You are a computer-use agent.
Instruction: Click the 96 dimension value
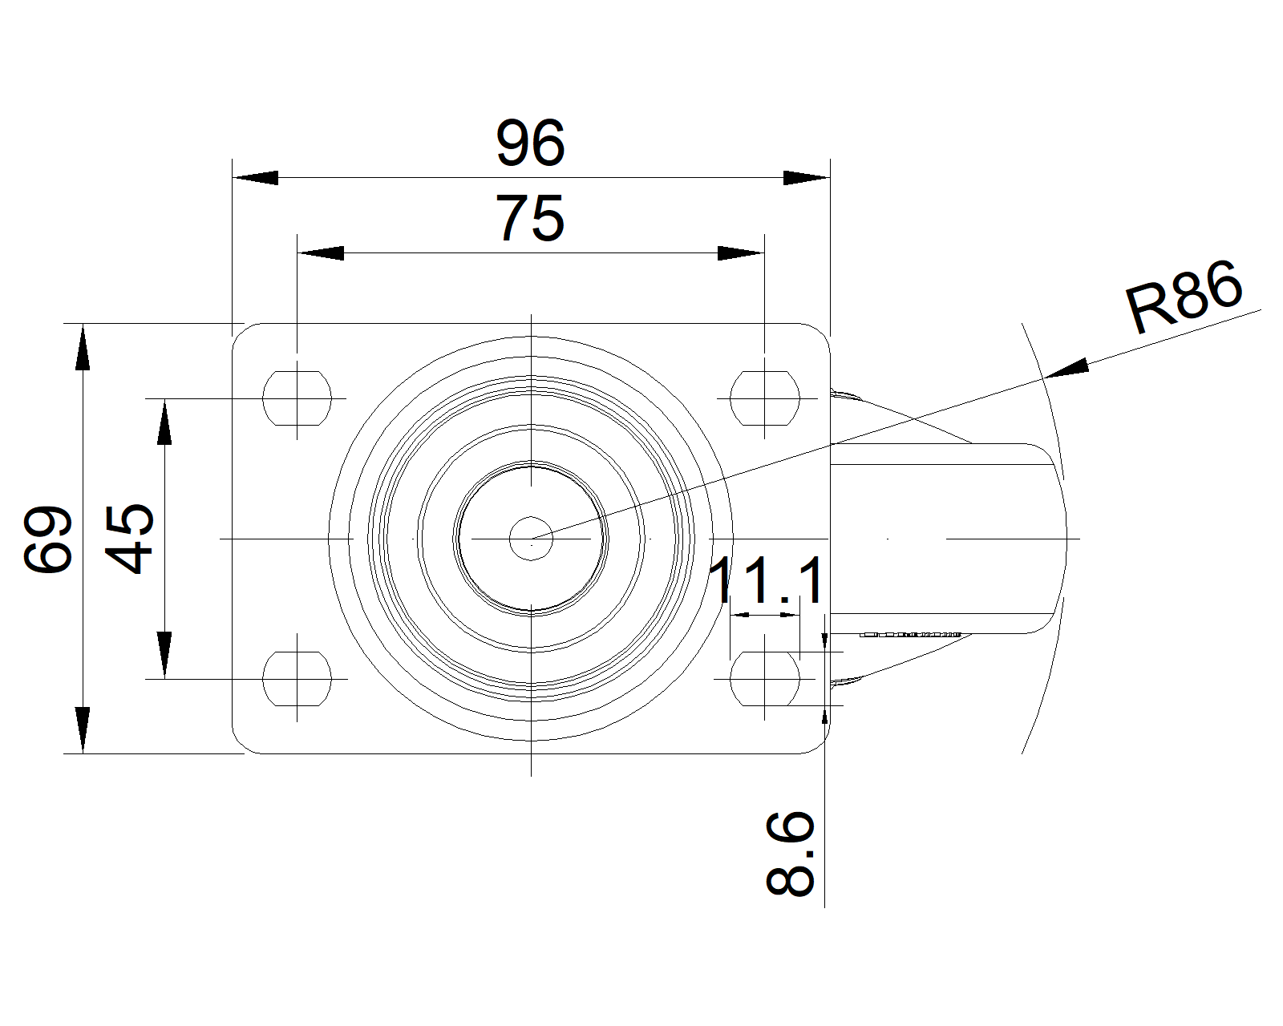(x=530, y=143)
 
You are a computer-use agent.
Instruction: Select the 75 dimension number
(x=530, y=218)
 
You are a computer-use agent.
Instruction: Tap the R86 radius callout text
(x=1184, y=297)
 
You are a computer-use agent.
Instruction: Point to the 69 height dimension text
(x=47, y=539)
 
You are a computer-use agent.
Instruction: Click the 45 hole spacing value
(x=129, y=539)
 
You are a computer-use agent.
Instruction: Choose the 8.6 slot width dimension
(x=790, y=853)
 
